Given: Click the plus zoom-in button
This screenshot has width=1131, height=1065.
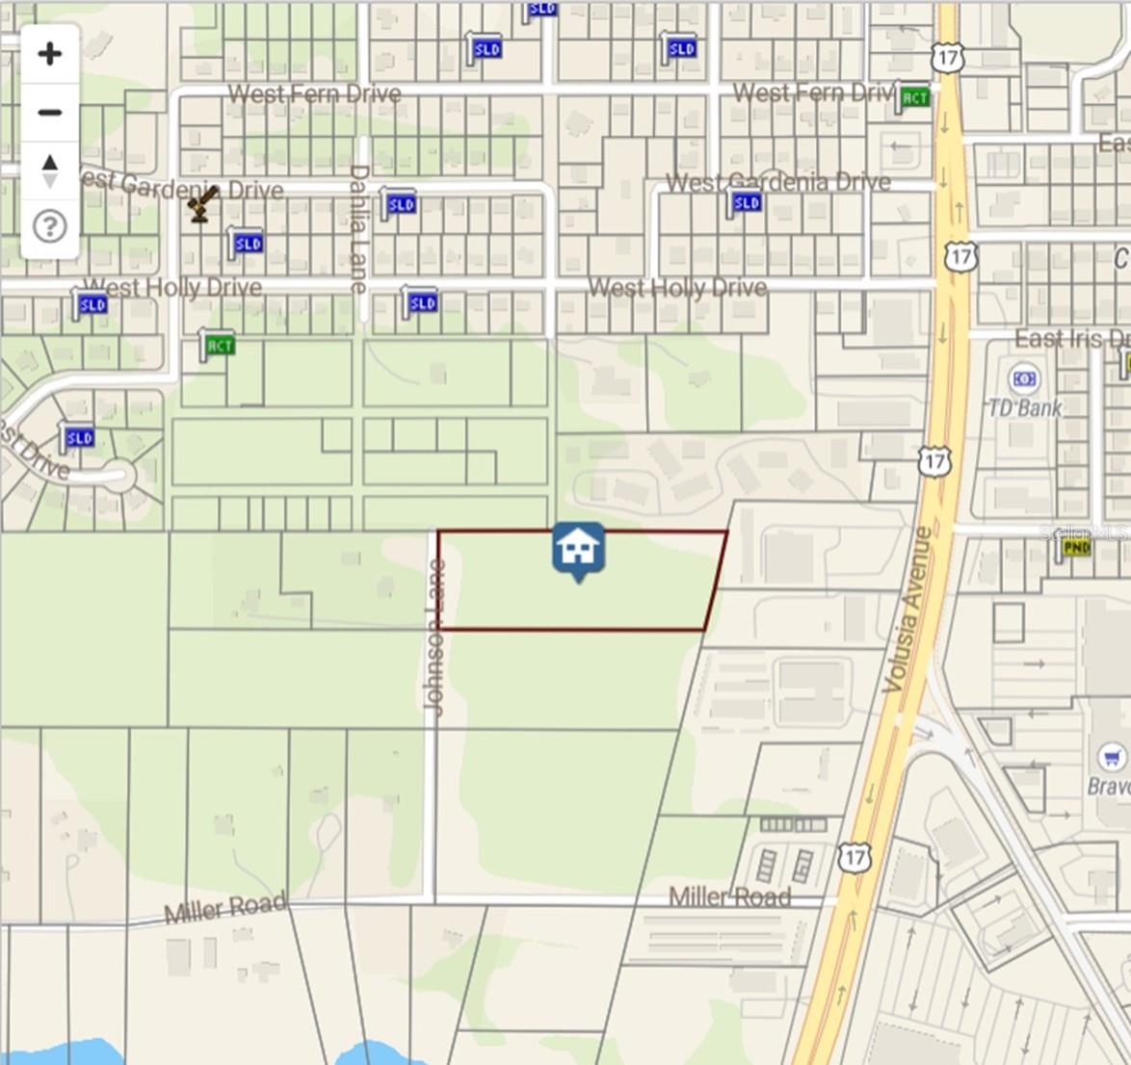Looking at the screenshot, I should coord(49,54).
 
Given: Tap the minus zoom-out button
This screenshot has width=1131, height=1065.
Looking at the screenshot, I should coord(49,113).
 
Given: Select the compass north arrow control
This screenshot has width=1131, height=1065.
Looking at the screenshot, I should coord(49,170).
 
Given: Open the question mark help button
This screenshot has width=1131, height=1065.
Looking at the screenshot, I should coord(49,227).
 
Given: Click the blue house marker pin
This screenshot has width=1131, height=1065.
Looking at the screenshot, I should coord(578,550).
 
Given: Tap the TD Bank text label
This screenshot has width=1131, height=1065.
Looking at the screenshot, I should coord(1024,408).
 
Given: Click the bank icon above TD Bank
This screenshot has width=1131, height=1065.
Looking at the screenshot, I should coord(1024,379).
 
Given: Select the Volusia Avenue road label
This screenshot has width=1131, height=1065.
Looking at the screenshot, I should coord(907,609).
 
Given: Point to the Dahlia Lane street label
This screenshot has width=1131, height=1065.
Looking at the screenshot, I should coord(358,228).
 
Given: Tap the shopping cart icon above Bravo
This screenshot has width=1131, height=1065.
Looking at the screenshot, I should coord(1112,755).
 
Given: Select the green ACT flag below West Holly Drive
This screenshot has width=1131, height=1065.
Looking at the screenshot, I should coord(218,345).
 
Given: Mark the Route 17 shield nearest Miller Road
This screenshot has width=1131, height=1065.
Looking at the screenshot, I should coord(854,857).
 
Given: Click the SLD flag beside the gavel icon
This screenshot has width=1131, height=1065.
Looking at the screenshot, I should coord(247,244).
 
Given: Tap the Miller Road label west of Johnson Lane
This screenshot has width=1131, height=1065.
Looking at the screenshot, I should coord(225,908).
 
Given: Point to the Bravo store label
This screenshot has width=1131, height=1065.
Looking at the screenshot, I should coord(1109,786).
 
